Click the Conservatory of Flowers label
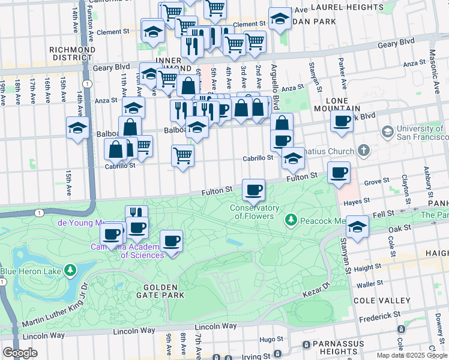[x=255, y=212]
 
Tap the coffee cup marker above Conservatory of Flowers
[x=253, y=191]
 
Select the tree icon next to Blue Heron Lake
[x=71, y=271]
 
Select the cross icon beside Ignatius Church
[x=363, y=149]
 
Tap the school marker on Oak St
[x=357, y=227]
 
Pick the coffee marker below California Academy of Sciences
[x=171, y=241]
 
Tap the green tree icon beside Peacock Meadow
[x=291, y=221]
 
